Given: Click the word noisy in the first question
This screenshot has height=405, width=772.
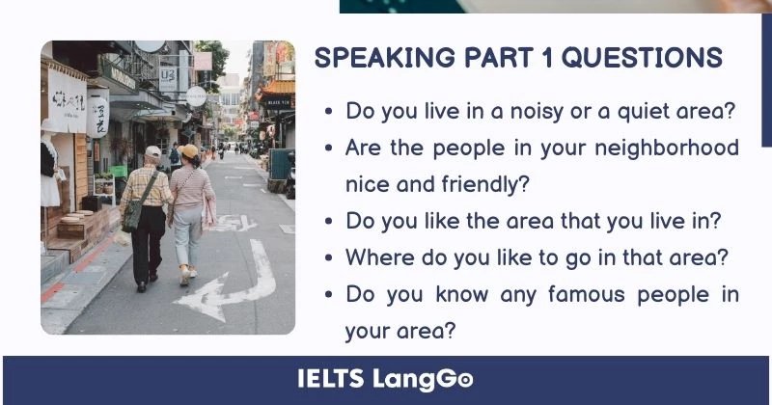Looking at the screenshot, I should point(527,111).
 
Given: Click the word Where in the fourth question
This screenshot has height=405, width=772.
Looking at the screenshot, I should point(380,257).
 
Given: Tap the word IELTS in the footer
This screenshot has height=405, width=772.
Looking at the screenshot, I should point(331,379).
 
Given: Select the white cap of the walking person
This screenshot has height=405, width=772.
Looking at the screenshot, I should point(152,152).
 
